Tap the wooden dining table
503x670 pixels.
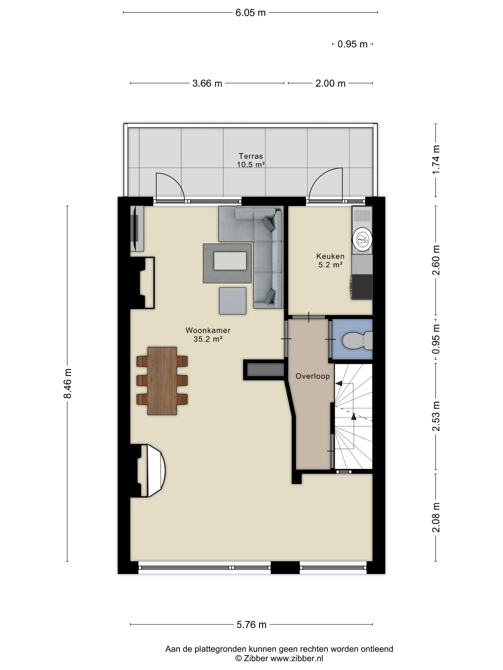pyautogui.click(x=162, y=380)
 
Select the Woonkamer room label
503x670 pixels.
pyautogui.click(x=208, y=334)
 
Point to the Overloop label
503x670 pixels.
pyautogui.click(x=312, y=376)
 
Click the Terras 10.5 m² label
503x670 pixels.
pyautogui.click(x=251, y=160)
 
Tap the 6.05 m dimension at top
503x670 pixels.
pyautogui.click(x=251, y=13)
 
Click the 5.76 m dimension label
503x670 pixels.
pyautogui.click(x=251, y=625)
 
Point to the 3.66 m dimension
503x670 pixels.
pyautogui.click(x=207, y=83)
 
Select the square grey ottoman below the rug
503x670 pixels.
pyautogui.click(x=233, y=301)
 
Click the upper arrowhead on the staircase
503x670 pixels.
pyautogui.click(x=339, y=384)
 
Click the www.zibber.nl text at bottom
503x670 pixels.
pyautogui.click(x=297, y=658)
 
